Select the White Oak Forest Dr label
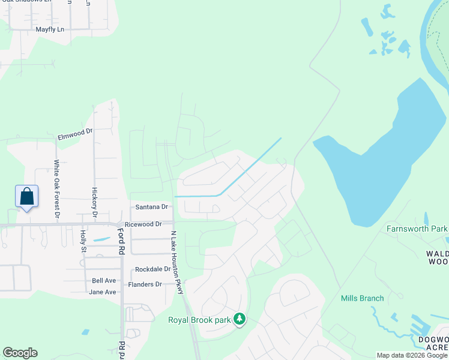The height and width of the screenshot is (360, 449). pos(58,189)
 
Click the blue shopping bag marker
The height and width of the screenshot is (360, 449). pos(27,196)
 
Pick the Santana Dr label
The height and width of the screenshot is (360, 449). pos(152,207)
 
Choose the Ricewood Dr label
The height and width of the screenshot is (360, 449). pos(143,224)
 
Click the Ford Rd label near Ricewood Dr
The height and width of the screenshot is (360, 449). pos(121,241)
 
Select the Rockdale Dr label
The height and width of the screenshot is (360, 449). pos(153,269)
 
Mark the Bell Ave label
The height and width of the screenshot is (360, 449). pos(104,281)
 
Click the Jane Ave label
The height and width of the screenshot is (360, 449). pos(102,292)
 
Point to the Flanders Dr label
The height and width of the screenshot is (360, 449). pos(145,284)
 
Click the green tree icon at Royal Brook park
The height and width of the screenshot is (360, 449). pos(240,319)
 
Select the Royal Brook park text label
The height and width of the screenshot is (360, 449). pos(199,320)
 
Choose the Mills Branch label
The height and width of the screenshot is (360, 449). pos(362,298)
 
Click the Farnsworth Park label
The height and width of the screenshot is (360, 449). pos(417,229)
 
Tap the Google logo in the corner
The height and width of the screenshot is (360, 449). pos(20,353)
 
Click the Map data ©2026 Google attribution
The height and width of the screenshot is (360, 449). pos(412,355)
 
